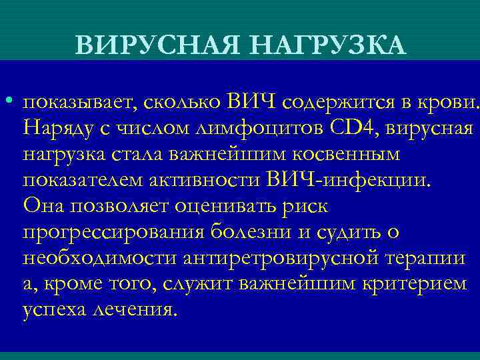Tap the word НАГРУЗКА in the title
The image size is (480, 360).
click(x=323, y=45)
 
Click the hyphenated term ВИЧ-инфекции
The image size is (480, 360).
click(x=348, y=181)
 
